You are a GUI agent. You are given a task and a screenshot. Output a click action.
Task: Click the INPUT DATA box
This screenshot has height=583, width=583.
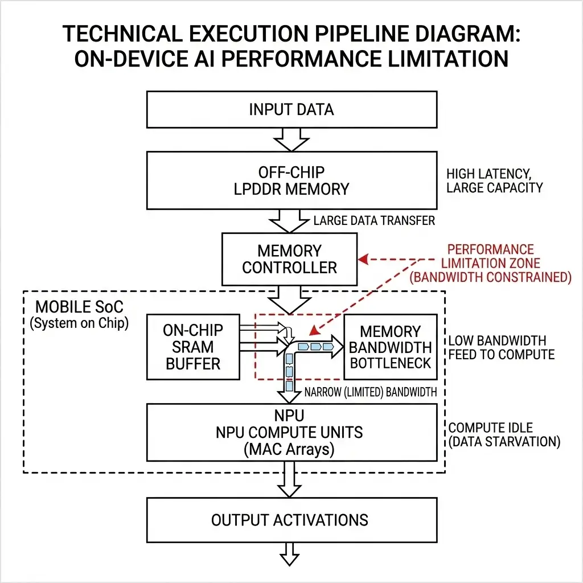pos(291,109)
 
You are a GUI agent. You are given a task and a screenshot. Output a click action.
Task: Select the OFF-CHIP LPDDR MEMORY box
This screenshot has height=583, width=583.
pos(291,180)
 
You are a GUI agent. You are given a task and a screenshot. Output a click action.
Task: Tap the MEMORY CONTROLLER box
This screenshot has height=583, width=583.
pos(290,259)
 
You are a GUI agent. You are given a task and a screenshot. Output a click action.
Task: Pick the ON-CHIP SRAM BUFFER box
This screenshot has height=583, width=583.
pos(193,347)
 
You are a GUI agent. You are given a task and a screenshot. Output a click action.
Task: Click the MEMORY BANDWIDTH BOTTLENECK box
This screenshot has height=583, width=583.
pos(391,347)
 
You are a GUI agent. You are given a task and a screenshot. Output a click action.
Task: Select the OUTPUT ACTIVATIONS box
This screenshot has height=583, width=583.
pos(290,520)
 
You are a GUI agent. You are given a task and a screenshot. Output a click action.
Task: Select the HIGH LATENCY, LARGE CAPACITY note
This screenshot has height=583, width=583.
pos(494,180)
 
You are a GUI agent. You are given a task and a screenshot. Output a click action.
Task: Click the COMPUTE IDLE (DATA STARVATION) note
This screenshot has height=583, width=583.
pos(504,434)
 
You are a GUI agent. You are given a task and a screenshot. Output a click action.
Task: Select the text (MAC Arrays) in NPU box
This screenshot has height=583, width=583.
pos(289,450)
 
